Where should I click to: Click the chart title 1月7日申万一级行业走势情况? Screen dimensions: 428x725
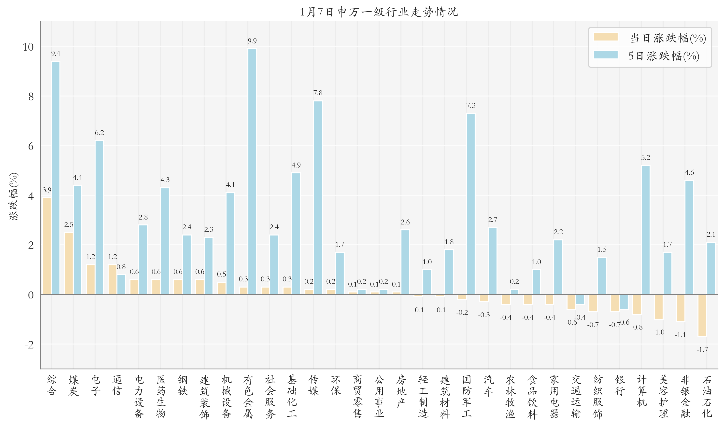click(x=379, y=12)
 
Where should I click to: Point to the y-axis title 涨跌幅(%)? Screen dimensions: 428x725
click(x=14, y=196)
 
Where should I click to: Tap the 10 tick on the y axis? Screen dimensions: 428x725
click(x=28, y=47)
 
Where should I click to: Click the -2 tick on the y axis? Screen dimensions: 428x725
click(x=29, y=345)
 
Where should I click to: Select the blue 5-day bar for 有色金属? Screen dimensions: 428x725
click(x=252, y=172)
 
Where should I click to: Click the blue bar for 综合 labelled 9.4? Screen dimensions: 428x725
click(x=56, y=178)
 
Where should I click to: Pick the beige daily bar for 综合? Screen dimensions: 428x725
click(x=47, y=246)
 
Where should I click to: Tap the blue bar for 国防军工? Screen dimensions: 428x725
click(x=470, y=204)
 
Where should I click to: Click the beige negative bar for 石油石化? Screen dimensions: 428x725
click(x=702, y=316)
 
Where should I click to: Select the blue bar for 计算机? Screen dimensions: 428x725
click(x=645, y=230)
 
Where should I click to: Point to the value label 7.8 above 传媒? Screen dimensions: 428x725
click(x=318, y=93)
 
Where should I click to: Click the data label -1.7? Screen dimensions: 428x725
click(x=702, y=350)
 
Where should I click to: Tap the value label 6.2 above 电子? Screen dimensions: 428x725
click(x=99, y=133)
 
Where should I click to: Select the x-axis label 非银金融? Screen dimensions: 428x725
click(x=685, y=396)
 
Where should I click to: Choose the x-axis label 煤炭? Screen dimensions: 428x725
click(x=73, y=385)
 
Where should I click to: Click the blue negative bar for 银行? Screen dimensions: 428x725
click(x=624, y=302)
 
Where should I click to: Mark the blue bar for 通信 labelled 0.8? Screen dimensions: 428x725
click(x=121, y=284)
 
